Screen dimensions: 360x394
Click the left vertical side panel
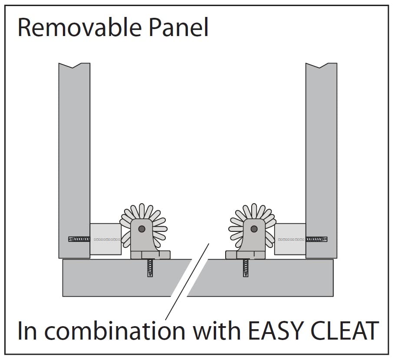point(74,152)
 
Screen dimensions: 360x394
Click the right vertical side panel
point(321,152)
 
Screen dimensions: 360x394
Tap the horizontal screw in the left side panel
point(79,239)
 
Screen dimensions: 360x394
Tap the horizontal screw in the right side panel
point(316,239)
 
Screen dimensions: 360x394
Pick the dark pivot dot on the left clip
point(141,228)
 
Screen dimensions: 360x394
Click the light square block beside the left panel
point(105,239)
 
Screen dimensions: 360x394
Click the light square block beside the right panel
point(290,239)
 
